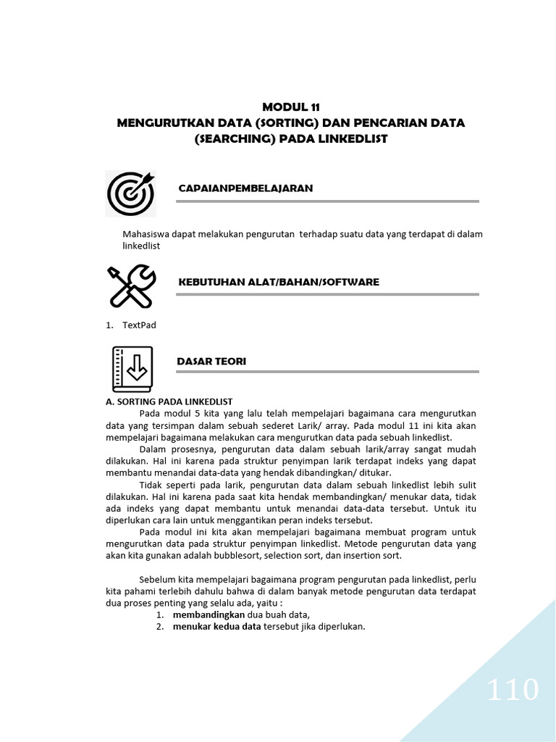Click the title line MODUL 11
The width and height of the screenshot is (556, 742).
pos(290,107)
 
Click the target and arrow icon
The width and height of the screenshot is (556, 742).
pos(130,193)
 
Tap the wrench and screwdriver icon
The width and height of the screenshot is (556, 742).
pos(130,285)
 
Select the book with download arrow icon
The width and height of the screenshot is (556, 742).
pos(132,369)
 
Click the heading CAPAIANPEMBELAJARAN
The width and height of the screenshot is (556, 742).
pos(245,188)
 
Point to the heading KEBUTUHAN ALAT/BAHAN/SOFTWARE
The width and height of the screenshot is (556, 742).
pos(278,282)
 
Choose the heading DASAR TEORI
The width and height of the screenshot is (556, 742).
pos(211,362)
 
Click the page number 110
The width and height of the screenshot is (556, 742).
pos(513,690)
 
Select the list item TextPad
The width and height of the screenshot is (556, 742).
pos(139,325)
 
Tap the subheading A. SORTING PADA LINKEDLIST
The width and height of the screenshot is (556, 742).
pos(169,401)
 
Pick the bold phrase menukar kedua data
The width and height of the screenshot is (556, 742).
pos(216,627)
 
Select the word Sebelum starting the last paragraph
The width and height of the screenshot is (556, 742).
pos(156,579)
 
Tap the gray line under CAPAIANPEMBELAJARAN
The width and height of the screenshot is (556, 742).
pos(327,201)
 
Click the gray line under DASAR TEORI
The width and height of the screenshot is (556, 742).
pos(327,372)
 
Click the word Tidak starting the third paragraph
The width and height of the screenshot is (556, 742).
pos(151,484)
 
